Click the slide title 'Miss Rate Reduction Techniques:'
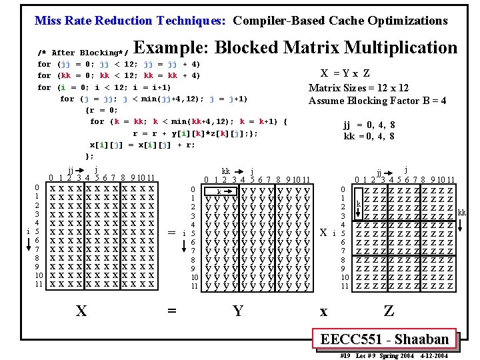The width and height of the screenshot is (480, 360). point(132,20)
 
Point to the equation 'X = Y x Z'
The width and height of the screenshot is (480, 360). point(346,74)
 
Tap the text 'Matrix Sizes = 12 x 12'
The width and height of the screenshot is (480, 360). point(359,88)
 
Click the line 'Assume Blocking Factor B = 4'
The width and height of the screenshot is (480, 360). point(377,101)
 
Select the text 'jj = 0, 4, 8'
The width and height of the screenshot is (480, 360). point(369,125)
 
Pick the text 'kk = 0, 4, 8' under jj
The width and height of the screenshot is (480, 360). point(369,136)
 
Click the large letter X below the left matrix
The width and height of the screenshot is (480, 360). point(81,310)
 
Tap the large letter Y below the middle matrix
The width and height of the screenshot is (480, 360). point(238,310)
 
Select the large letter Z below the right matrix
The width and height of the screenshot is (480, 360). point(389,310)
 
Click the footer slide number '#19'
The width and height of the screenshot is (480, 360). point(345,356)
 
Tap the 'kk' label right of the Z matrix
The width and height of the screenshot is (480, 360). point(462,213)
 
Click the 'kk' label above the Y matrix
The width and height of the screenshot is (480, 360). point(226,171)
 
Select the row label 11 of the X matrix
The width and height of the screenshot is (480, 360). point(39,284)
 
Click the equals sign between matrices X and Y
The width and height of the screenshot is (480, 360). point(172,232)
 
